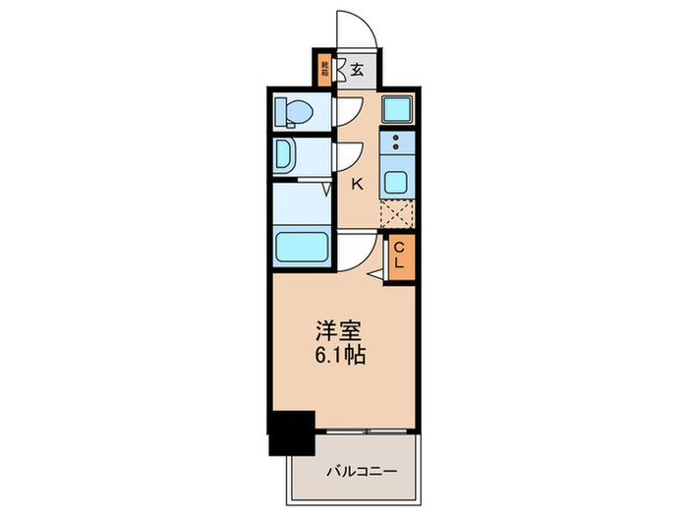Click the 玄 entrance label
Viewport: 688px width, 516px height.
(358, 70)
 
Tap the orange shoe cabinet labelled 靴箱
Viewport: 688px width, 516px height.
(323, 70)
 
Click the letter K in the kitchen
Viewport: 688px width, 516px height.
(357, 182)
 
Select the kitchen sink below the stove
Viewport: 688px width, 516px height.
(397, 182)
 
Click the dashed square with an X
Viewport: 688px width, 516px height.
(397, 214)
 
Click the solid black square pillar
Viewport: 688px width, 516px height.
(291, 432)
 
